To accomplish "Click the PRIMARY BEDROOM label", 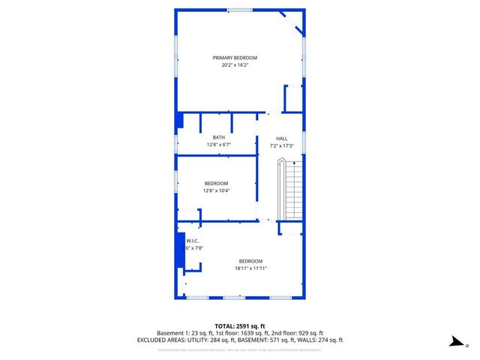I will click(x=235, y=58).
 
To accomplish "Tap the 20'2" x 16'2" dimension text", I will click(x=235, y=65).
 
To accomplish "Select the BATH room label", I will click(x=218, y=137).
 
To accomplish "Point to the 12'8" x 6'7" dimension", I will click(x=218, y=144).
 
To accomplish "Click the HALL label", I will click(x=281, y=138).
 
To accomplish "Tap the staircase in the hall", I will click(x=291, y=191).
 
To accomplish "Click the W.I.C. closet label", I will click(x=192, y=241).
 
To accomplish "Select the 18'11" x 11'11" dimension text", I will click(x=250, y=268).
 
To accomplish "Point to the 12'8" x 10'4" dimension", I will click(x=216, y=190).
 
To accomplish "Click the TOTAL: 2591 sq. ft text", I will click(x=240, y=325).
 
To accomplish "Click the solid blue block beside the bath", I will click(x=179, y=121).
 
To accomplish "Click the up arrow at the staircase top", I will click(x=295, y=163).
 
